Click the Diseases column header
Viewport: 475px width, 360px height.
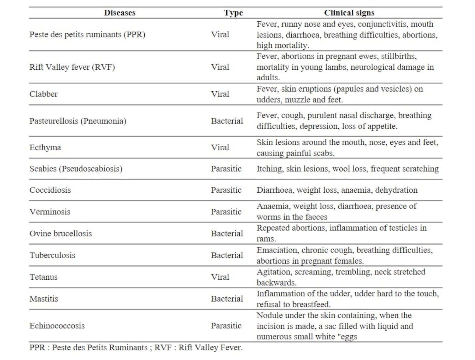point(119,13)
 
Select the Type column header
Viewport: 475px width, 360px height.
point(233,13)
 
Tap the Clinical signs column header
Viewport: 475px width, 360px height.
point(349,13)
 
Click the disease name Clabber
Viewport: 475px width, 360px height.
point(44,94)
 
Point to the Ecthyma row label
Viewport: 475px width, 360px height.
point(45,147)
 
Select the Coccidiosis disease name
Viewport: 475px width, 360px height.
point(50,190)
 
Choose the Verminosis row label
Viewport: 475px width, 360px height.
point(50,211)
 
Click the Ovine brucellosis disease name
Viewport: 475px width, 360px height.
point(60,233)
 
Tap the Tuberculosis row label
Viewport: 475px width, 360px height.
point(52,255)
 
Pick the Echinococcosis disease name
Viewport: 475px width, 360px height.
point(57,326)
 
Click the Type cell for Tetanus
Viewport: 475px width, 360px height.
point(220,277)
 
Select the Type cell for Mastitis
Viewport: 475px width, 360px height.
point(227,299)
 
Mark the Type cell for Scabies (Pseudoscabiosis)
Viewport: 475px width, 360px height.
point(226,169)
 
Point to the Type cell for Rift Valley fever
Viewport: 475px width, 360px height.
point(220,67)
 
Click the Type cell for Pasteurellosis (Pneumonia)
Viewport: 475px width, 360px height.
point(227,121)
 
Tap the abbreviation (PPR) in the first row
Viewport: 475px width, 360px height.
point(134,34)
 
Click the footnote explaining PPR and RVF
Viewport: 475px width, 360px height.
point(136,348)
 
